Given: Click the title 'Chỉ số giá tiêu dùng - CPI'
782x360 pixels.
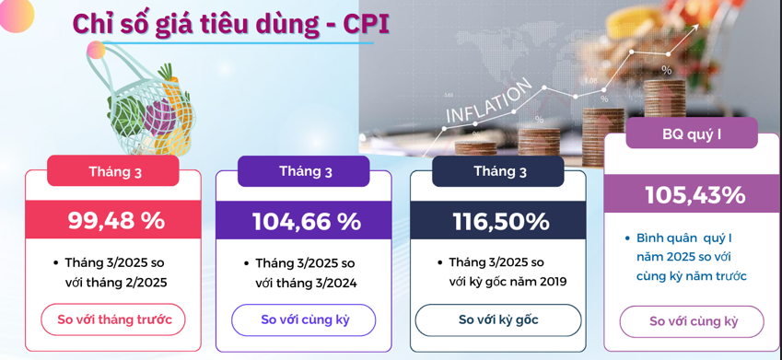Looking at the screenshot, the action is [x=230, y=24].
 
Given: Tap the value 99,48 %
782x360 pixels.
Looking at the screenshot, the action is [x=116, y=220].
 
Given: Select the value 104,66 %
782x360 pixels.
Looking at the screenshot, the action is [x=306, y=221].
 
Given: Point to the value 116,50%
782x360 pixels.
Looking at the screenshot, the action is [x=501, y=221].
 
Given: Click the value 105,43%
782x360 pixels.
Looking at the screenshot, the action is [x=695, y=195].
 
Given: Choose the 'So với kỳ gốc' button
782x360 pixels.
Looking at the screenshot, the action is [x=498, y=320].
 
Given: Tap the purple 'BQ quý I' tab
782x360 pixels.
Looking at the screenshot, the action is [x=691, y=134].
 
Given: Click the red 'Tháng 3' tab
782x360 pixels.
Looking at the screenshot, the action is [x=113, y=171].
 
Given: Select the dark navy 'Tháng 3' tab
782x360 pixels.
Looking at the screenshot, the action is [x=498, y=171].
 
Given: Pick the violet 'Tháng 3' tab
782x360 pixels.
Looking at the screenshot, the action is [x=304, y=171].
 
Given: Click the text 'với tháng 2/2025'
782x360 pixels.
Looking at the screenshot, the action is [x=116, y=283].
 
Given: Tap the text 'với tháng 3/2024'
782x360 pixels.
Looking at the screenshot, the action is [x=306, y=284].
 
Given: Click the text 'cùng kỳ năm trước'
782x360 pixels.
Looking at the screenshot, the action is [x=691, y=276].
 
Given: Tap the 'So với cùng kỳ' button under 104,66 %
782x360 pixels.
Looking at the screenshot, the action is [x=304, y=320].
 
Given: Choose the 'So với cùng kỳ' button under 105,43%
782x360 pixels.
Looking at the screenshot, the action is [x=692, y=321].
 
